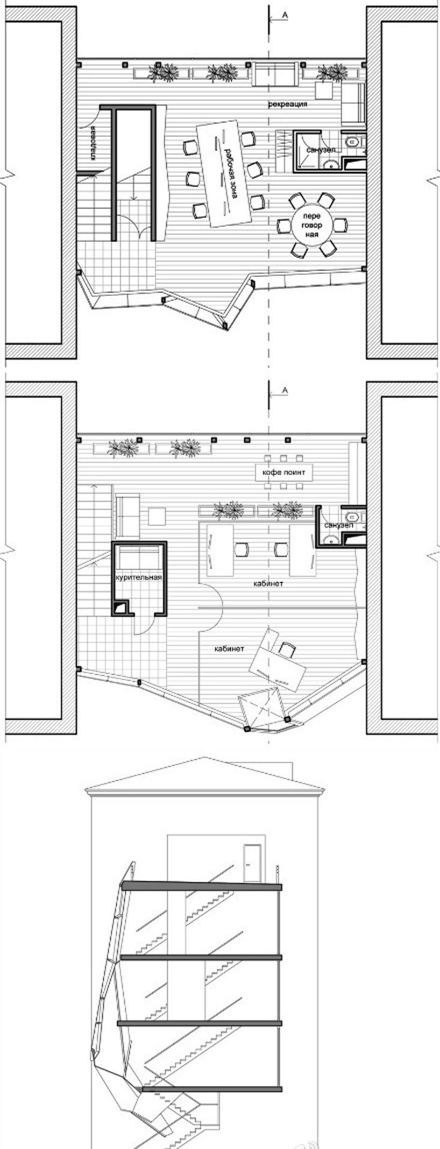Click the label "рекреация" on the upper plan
[x=288, y=104]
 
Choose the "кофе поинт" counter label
[x=284, y=473]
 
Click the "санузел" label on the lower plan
[x=335, y=525]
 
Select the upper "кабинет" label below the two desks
[x=268, y=583]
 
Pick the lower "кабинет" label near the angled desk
[x=231, y=649]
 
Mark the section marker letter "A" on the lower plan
[x=286, y=391]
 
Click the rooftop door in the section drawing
[x=252, y=863]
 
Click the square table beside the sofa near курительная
[x=157, y=516]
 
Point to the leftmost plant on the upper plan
[x=164, y=73]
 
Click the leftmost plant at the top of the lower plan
[x=123, y=447]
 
